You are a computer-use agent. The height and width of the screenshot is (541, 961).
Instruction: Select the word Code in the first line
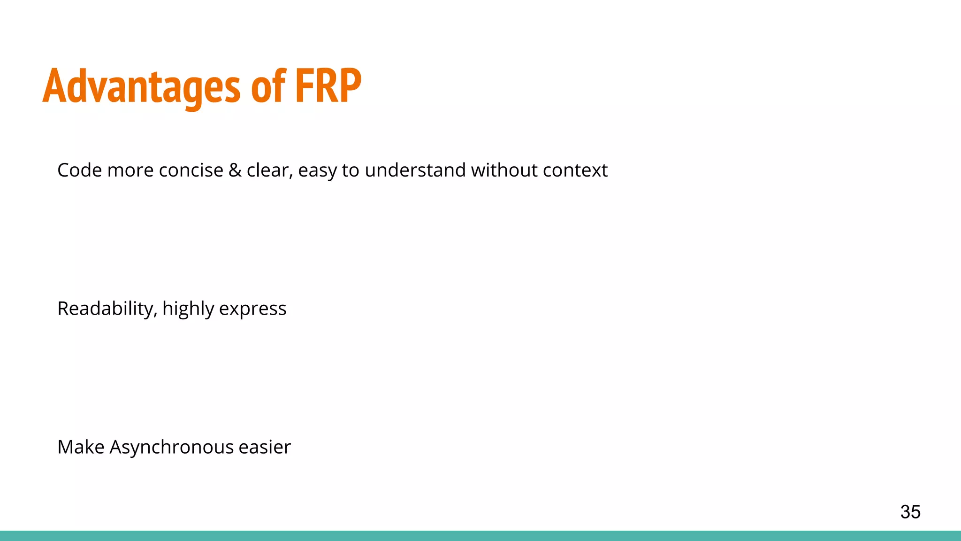79,170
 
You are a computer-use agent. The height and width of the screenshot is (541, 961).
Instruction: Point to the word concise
191,170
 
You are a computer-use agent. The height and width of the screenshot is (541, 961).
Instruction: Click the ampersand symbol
235,170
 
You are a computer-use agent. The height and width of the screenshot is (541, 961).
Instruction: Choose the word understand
415,170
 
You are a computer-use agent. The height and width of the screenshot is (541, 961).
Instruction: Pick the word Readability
107,309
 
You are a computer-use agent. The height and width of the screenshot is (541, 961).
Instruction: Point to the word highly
188,309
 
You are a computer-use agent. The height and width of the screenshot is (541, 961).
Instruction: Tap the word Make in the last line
81,447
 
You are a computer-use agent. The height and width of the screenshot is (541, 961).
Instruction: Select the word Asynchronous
171,447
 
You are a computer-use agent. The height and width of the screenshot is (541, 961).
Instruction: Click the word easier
265,447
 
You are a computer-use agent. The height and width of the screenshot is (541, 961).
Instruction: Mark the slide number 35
910,512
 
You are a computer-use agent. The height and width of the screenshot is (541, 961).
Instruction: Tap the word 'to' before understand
351,170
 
